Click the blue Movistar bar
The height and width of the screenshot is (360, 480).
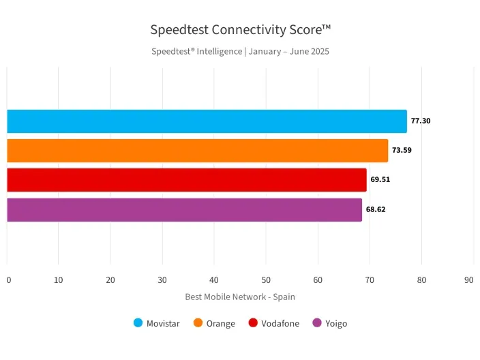pos(207,121)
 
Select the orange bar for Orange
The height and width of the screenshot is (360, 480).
pos(197,151)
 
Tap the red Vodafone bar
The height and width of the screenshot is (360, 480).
pos(186,180)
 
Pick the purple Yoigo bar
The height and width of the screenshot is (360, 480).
pos(184,209)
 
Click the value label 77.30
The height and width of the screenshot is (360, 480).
pos(421,121)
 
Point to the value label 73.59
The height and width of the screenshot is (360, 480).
pos(402,151)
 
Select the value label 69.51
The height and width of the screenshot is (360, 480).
pos(380,180)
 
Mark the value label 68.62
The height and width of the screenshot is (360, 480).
pos(376,209)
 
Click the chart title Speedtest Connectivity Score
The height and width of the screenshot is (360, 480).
pos(240,29)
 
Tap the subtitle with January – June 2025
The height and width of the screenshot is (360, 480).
pos(240,51)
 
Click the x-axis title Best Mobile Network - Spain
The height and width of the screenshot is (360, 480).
pos(240,297)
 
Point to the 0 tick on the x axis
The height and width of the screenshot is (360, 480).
pos(8,280)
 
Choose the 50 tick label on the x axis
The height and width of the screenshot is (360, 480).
pos(266,280)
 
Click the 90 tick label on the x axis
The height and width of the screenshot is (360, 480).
pos(468,280)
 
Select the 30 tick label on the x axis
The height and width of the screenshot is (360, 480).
pos(162,280)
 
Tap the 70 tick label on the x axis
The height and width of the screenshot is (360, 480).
pos(370,280)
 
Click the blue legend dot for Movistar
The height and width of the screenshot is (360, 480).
pos(138,323)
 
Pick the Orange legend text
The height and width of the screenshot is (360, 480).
pos(221,324)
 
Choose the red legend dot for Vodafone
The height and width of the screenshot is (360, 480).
pos(253,323)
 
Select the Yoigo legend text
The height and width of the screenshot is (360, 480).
pos(335,324)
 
